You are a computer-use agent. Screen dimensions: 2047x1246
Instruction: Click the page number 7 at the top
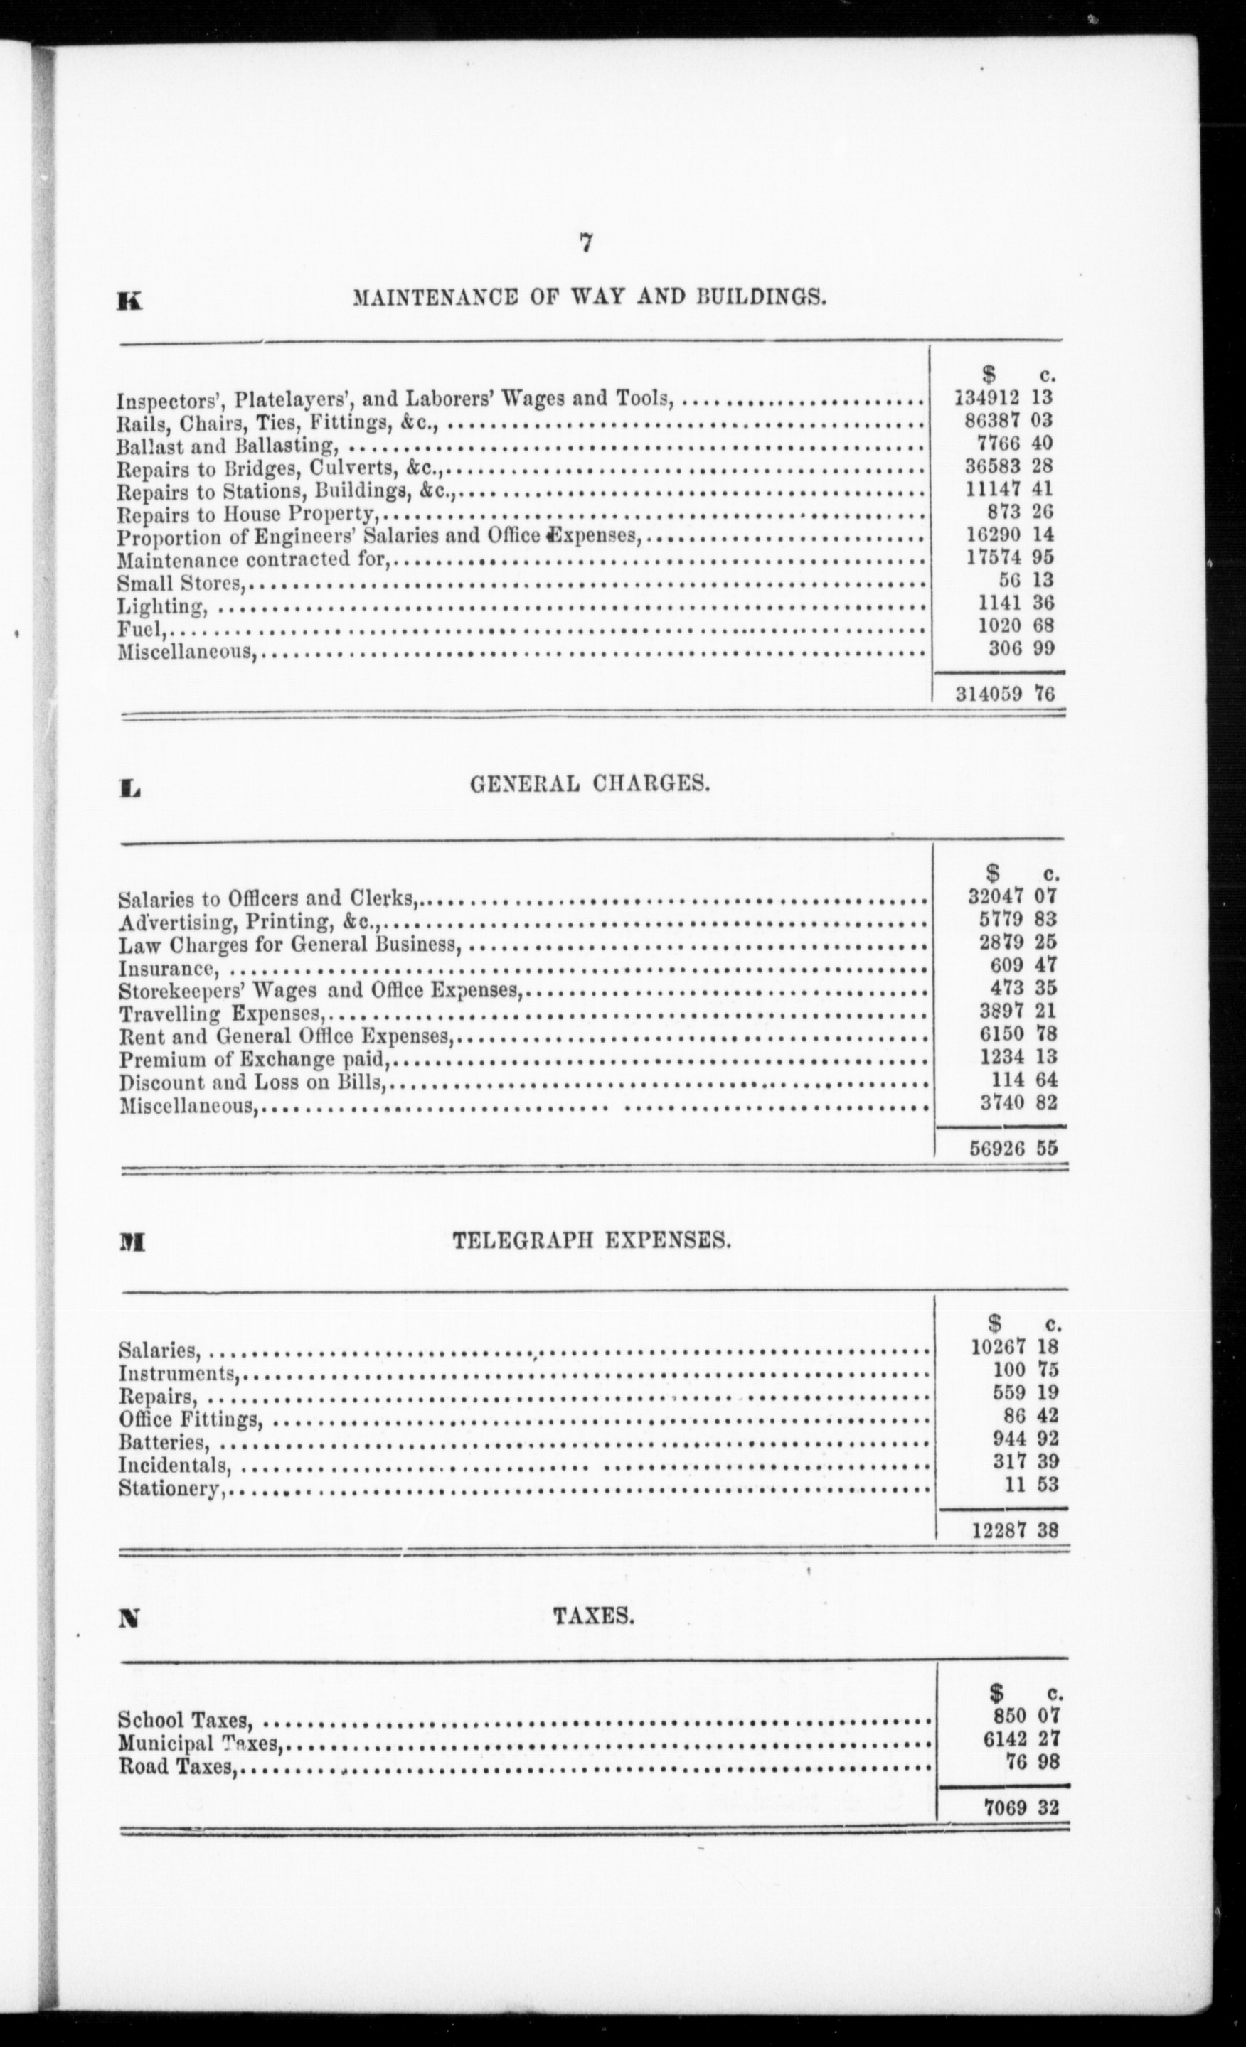[586, 242]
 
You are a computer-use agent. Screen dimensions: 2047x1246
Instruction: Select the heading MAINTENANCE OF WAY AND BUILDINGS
[590, 297]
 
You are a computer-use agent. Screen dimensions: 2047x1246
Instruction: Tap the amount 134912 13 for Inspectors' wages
[1003, 398]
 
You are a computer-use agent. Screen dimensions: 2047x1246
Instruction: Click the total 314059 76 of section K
[1005, 692]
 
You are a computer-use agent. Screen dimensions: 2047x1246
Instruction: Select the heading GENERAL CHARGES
[590, 783]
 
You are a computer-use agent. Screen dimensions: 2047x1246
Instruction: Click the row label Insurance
[169, 968]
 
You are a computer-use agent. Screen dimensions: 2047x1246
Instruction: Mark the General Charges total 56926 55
[1013, 1148]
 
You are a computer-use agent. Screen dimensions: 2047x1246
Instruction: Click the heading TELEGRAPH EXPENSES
[592, 1240]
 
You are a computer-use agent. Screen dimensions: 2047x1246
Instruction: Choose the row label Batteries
[161, 1441]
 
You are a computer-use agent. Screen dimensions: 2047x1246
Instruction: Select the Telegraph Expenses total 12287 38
[1015, 1530]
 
